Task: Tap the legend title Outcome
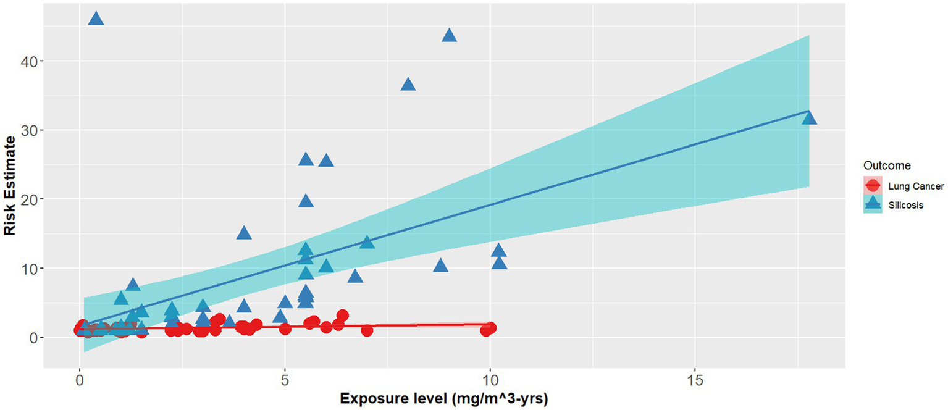click(886, 165)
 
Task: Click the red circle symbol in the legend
click(873, 186)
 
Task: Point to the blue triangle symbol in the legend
click(873, 204)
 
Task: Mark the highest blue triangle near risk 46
click(96, 19)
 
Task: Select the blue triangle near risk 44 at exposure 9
click(450, 36)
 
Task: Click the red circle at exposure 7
click(367, 330)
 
